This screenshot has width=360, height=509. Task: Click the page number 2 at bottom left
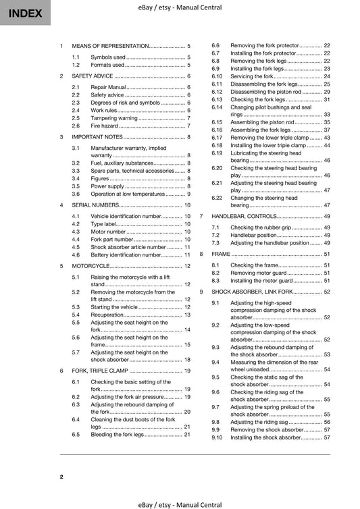[x=61, y=477]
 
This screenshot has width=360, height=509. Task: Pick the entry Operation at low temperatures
[x=128, y=194]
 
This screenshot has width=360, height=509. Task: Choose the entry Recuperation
[x=107, y=315]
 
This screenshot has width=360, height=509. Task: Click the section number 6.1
[x=76, y=382]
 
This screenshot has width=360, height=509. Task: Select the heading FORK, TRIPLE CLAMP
[x=109, y=371]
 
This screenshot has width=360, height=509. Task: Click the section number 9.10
[x=216, y=437]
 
